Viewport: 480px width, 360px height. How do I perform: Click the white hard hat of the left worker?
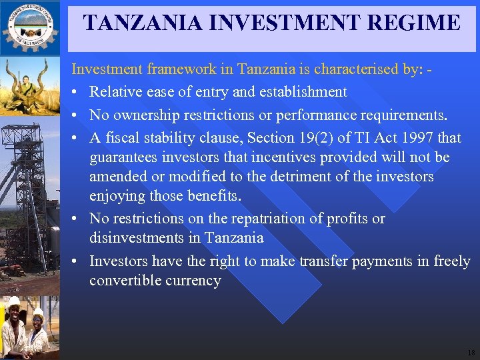[x=13, y=301]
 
